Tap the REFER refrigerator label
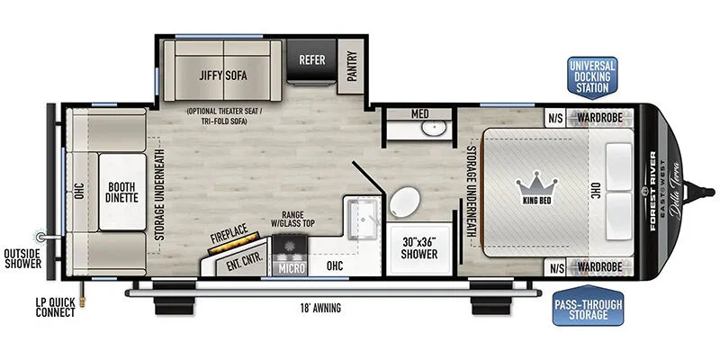312,59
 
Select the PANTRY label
352,66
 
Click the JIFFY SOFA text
223,76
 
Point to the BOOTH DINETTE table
122,193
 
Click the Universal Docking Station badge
592,77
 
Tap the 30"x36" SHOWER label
418,248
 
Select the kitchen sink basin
363,220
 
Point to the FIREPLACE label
229,234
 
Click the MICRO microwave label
291,268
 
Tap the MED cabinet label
419,114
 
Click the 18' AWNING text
321,308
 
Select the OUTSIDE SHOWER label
22,258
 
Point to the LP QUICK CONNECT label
55,308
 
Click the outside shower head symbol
40,237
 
